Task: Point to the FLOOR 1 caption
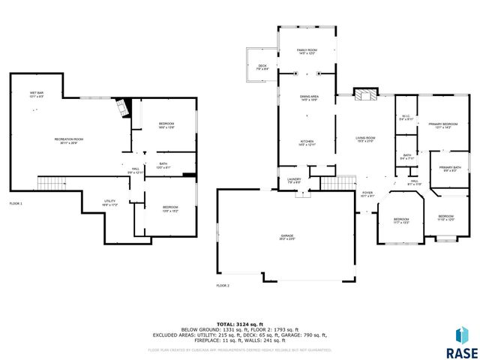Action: [16, 204]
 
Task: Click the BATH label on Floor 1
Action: [163, 165]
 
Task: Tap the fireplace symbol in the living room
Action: [365, 95]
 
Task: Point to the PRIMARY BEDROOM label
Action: [442, 124]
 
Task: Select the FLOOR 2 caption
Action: [223, 286]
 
